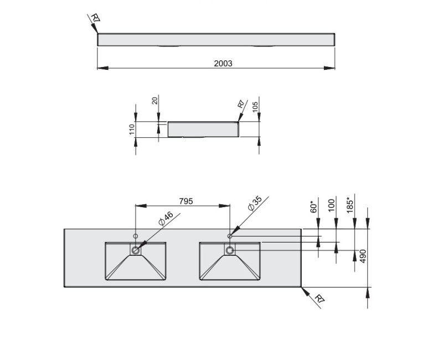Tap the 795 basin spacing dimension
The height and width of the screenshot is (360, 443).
186,201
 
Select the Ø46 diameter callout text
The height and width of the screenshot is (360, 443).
166,218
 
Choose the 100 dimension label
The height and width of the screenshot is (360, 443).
331,205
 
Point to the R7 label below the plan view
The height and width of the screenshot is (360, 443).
319,300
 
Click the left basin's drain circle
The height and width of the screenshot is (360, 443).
136,250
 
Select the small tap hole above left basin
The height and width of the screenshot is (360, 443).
136,236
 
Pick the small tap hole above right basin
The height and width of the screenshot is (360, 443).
230,236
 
